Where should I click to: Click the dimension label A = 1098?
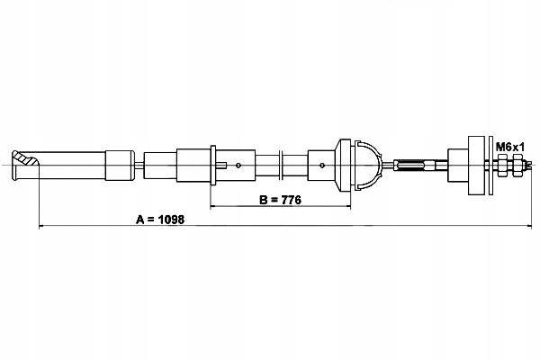pyautogui.click(x=159, y=219)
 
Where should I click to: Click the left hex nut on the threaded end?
pyautogui.click(x=501, y=165)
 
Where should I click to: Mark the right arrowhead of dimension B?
pyautogui.click(x=347, y=207)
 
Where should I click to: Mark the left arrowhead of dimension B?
pyautogui.click(x=214, y=207)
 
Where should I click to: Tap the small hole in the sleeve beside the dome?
pyautogui.click(x=322, y=165)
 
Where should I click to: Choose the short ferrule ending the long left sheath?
pyautogui.click(x=119, y=165)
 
